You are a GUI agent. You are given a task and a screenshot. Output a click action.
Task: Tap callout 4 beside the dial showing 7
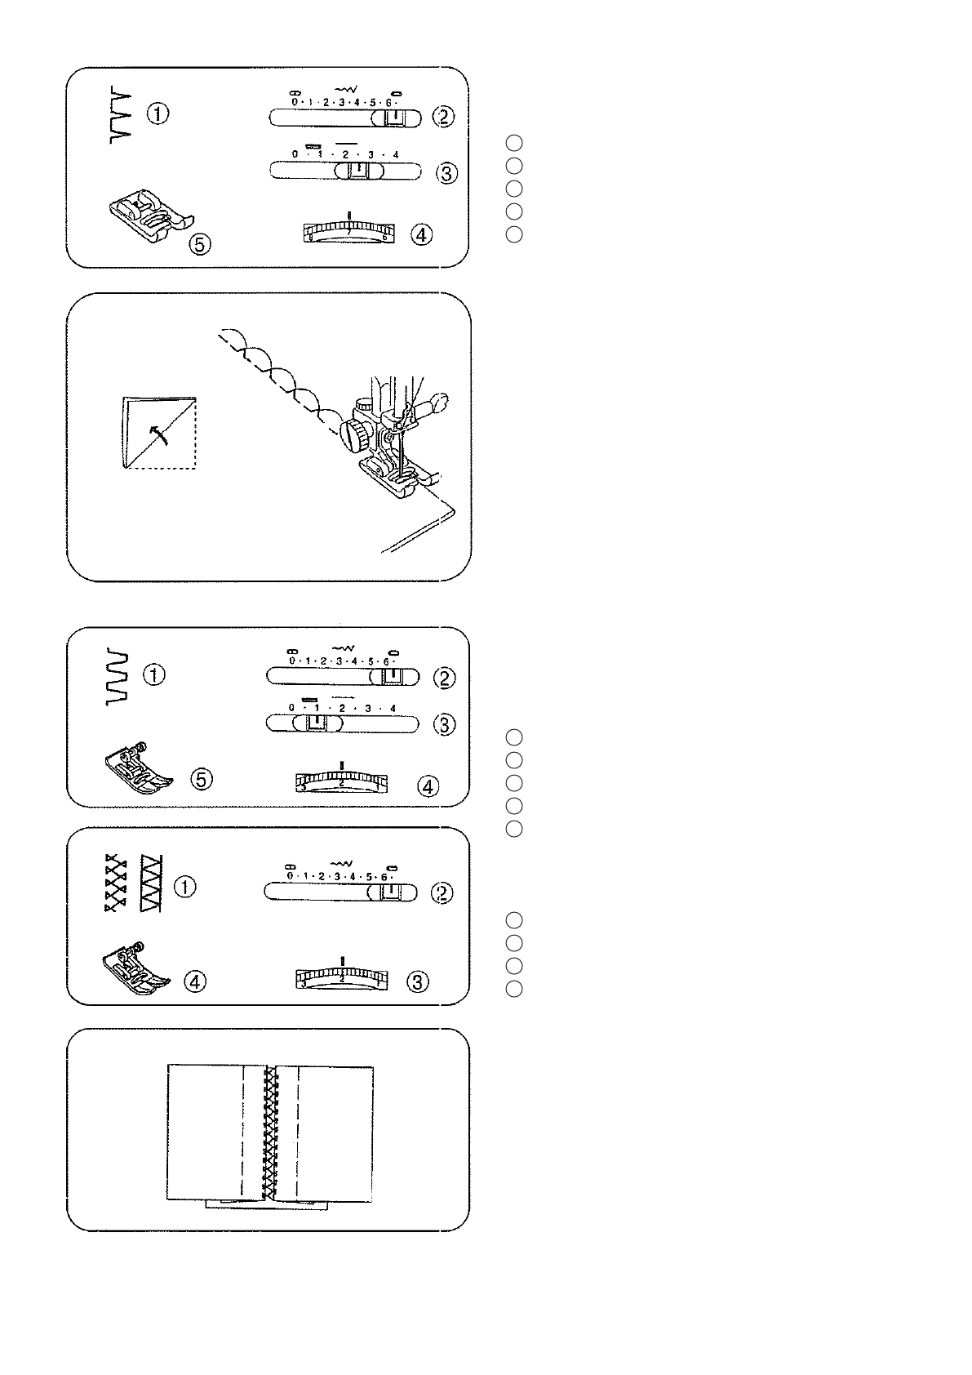420,235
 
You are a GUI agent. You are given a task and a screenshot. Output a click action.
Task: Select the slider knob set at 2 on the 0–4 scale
357,170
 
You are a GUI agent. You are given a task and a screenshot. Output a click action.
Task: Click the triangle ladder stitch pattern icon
152,884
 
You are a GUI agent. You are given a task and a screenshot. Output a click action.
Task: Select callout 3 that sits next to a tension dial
417,982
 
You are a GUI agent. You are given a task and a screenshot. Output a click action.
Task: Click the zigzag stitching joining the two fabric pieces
268,1135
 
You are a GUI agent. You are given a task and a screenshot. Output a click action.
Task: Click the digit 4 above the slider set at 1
393,708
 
